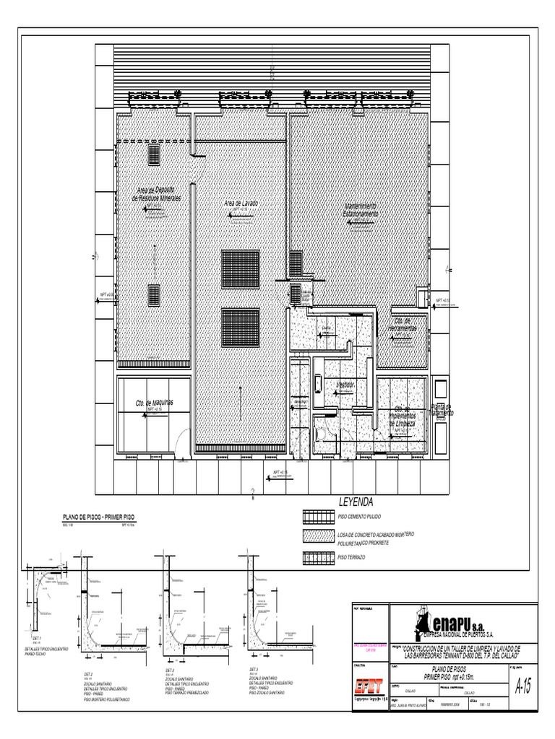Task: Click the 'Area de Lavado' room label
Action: point(241,204)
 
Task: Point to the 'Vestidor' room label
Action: point(345,385)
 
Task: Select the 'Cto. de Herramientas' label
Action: point(402,325)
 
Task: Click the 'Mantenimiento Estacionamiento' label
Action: point(360,211)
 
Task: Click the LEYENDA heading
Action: point(356,502)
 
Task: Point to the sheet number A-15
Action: point(522,687)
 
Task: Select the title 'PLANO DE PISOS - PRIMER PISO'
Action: point(100,518)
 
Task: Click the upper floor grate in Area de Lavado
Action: point(240,268)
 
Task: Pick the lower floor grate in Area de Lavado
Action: point(240,327)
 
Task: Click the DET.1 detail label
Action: point(37,639)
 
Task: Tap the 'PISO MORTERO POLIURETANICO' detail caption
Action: point(107,699)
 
